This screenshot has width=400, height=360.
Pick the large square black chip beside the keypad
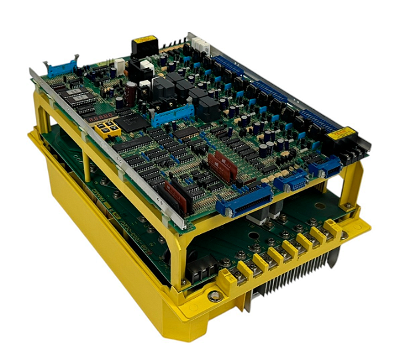(x=135, y=121)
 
